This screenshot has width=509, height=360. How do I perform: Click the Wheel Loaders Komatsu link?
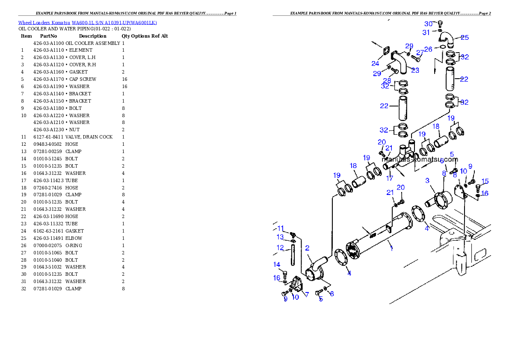pos(44,23)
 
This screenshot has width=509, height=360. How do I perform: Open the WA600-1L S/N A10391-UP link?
pos(114,23)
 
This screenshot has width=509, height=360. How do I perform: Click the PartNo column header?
pos(48,36)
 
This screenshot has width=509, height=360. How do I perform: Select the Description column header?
pos(92,36)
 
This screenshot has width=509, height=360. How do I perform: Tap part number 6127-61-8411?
pos(48,137)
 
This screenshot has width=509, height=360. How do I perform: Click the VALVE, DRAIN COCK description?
pos(89,137)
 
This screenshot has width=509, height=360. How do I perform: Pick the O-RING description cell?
pos(74,245)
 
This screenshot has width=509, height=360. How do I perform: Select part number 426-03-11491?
pos(48,238)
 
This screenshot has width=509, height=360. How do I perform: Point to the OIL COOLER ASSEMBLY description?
pos(93,43)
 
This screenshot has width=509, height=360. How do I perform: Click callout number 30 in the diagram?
pos(429,24)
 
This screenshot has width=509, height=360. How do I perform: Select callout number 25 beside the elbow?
pos(465,38)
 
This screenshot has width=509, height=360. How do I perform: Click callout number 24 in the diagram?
pos(375,64)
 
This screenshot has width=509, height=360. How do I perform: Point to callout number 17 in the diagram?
pos(390,178)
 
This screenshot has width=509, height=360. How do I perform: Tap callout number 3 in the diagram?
pos(427,180)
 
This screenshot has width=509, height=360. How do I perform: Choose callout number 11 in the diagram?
pos(281,228)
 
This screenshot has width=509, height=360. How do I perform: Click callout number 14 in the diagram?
pos(277,265)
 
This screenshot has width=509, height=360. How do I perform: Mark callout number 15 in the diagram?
pos(485,181)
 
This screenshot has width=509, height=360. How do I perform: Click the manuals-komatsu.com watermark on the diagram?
pos(420,159)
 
